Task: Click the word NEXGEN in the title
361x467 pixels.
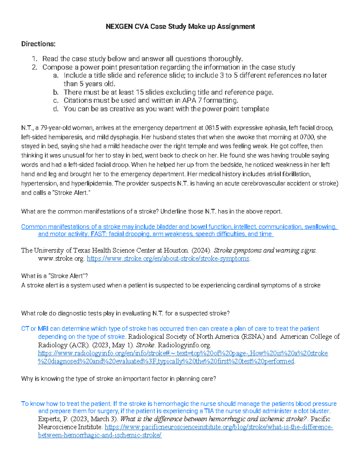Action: click(x=119, y=26)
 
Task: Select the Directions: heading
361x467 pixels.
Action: click(x=38, y=44)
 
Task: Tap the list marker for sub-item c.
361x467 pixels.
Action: click(x=56, y=100)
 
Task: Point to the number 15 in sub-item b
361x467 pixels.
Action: click(x=140, y=92)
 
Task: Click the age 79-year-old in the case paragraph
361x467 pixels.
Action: click(x=55, y=128)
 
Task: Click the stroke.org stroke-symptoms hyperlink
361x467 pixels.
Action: click(x=168, y=259)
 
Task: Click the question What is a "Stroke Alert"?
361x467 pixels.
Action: click(x=54, y=276)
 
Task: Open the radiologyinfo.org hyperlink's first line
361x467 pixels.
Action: click(x=183, y=353)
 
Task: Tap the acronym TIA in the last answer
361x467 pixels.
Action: click(x=209, y=411)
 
